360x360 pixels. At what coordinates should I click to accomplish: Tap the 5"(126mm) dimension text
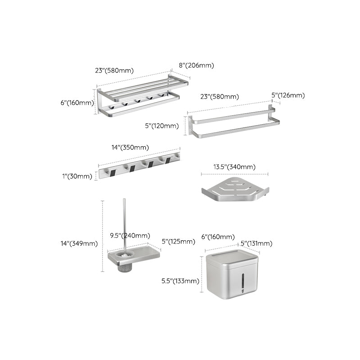(288, 95)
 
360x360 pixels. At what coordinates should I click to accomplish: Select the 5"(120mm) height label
(162, 126)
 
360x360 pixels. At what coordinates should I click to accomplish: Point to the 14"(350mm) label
(130, 148)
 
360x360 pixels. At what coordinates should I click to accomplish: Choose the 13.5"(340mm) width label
(234, 167)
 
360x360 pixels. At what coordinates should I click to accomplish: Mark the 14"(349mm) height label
(79, 243)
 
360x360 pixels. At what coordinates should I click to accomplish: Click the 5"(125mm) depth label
(178, 242)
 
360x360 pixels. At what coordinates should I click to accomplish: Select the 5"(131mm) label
(256, 243)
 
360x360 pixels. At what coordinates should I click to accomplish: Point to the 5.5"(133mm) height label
(180, 281)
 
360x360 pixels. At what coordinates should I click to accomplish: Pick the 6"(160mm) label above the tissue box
(218, 237)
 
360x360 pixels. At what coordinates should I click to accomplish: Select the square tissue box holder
(231, 275)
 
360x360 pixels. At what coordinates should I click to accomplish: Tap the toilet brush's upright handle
(123, 225)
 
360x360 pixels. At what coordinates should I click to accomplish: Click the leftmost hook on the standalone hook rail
(111, 171)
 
